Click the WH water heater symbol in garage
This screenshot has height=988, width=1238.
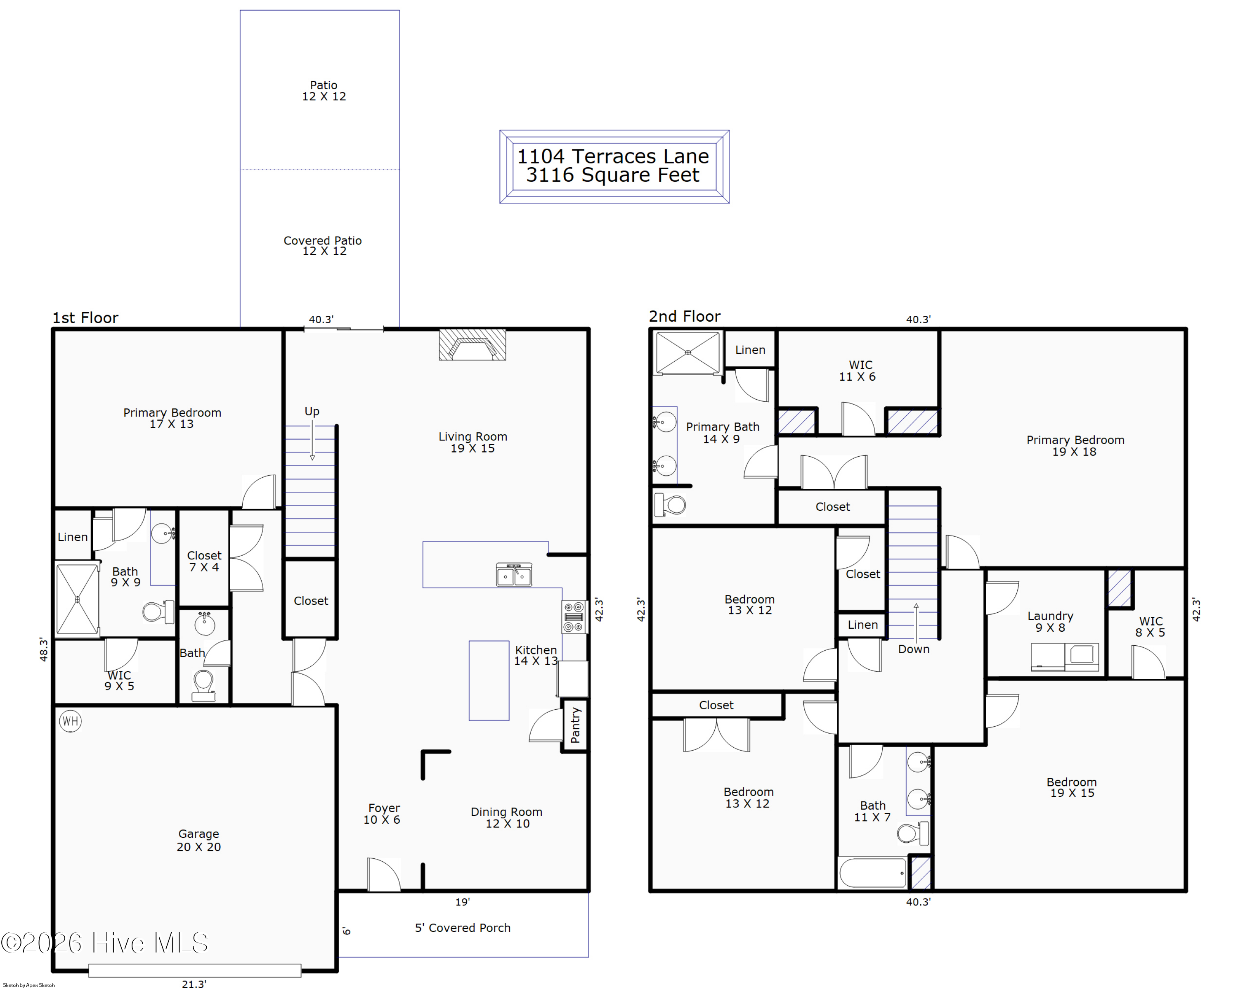70,721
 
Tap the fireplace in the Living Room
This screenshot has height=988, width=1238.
473,345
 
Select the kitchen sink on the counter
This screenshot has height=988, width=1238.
514,574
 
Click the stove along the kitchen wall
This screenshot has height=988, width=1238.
574,617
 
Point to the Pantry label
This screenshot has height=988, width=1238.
575,725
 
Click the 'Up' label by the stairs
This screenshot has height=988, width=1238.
312,411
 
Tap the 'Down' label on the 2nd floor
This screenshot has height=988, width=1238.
914,649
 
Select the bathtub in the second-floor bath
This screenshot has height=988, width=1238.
872,873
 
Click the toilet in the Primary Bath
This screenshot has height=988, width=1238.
670,505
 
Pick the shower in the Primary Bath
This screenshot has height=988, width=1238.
688,352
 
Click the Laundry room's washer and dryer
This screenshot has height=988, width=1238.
1065,656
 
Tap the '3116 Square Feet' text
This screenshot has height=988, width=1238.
613,175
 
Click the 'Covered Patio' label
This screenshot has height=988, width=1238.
323,241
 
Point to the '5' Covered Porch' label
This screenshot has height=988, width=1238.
463,928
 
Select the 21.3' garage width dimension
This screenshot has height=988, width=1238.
194,984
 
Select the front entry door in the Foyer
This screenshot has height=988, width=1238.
383,875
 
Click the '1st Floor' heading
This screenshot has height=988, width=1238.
85,317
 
